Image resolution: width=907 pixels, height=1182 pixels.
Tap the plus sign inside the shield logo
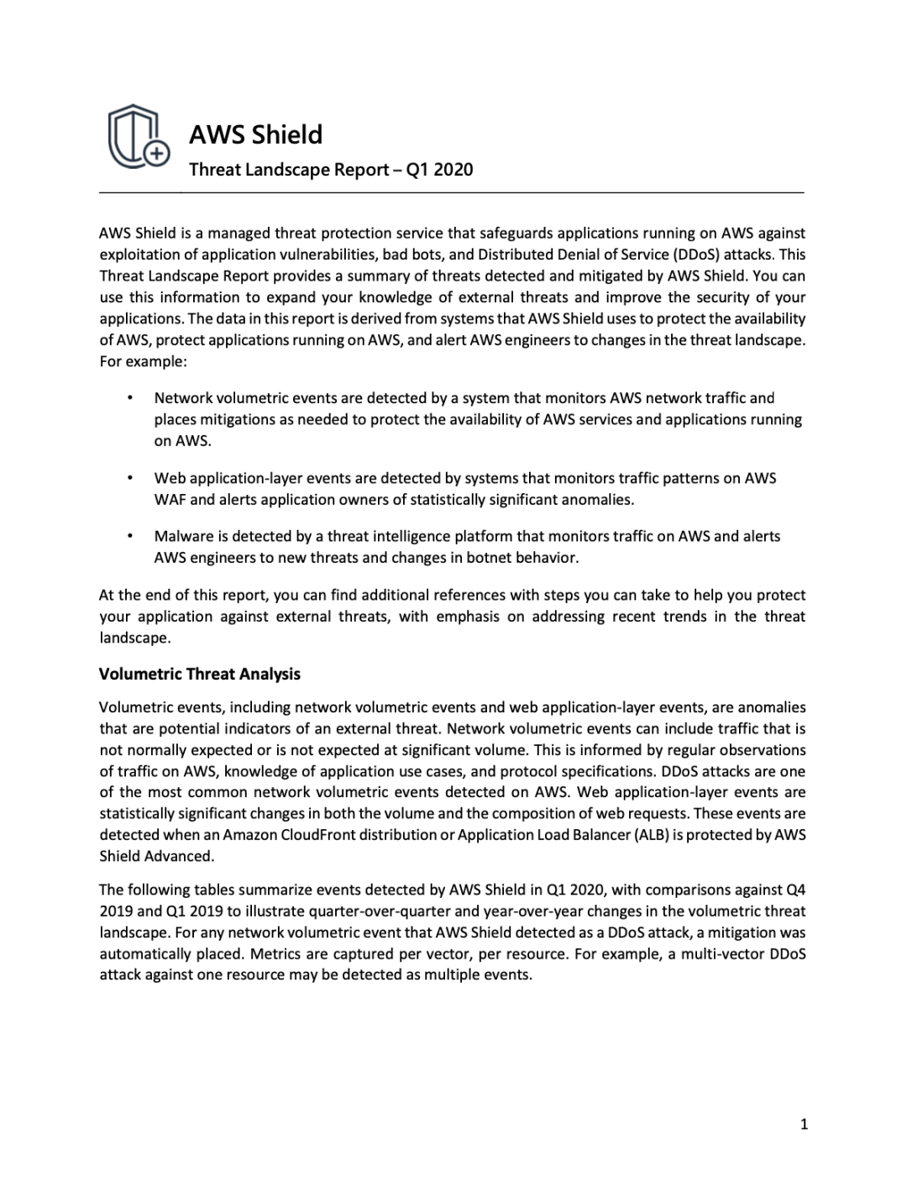(156, 153)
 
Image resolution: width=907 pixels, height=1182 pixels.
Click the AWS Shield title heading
(255, 134)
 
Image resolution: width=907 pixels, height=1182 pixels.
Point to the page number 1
(804, 1124)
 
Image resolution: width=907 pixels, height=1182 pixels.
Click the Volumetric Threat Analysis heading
(200, 674)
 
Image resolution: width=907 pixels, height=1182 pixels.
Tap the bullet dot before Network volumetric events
(129, 397)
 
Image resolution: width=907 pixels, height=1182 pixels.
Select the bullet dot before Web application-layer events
(129, 478)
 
